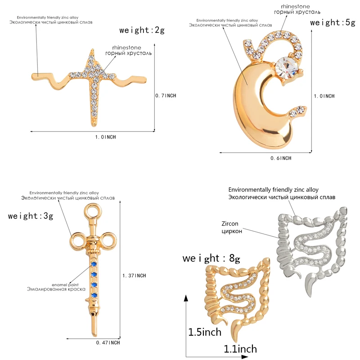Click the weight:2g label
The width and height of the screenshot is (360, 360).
click(x=142, y=30)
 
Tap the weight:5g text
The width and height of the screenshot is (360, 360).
click(x=333, y=22)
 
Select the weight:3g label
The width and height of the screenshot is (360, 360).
click(x=31, y=216)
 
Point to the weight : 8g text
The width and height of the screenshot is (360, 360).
click(x=211, y=258)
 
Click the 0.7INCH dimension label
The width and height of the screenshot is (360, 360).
click(x=166, y=95)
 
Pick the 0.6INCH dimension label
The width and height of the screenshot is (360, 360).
click(x=281, y=158)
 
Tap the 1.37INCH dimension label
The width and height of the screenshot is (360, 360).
click(x=134, y=275)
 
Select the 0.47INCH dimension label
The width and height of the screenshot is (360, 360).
click(x=108, y=343)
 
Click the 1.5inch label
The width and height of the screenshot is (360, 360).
click(x=205, y=332)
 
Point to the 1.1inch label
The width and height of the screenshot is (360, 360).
click(x=240, y=349)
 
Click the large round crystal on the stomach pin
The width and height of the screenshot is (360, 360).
click(x=287, y=68)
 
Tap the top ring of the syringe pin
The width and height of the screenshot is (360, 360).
click(x=93, y=211)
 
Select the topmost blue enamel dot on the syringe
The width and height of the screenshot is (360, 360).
click(x=93, y=264)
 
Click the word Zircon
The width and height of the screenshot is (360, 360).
click(x=230, y=224)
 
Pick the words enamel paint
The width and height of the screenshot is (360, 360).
click(x=65, y=285)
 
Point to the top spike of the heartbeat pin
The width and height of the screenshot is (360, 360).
click(x=92, y=49)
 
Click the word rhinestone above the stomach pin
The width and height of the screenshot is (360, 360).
click(x=295, y=6)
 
